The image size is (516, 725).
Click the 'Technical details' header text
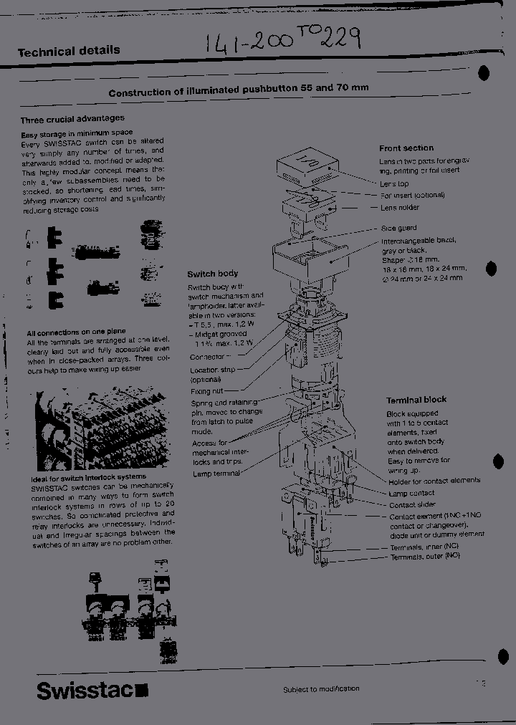[x=68, y=52]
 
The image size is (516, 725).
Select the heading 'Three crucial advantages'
[x=72, y=119]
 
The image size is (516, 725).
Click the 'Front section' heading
[x=406, y=148]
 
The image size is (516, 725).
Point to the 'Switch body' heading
[x=213, y=274]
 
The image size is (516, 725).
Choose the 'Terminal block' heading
[x=416, y=400]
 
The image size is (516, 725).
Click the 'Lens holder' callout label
[x=400, y=208]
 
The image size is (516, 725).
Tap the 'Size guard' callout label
[x=399, y=229]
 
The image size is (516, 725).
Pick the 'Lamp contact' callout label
[x=411, y=494]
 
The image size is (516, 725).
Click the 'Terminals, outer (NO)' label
[x=425, y=556]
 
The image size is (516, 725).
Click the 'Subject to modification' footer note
[x=321, y=689]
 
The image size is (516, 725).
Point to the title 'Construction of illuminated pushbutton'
[x=239, y=92]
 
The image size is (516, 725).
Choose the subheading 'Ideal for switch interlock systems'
[x=88, y=476]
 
